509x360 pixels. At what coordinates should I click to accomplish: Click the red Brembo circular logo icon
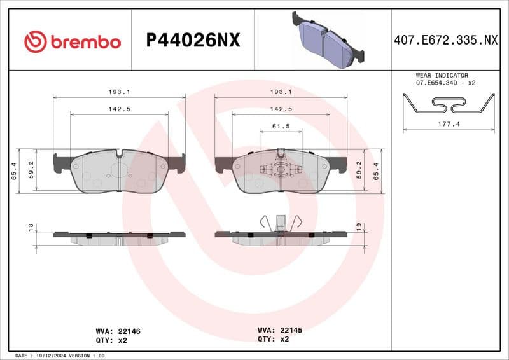(x=36, y=41)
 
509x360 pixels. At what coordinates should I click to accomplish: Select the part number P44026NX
(x=193, y=41)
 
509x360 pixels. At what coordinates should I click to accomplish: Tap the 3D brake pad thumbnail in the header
(x=328, y=39)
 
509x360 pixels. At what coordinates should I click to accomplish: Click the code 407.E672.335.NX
(x=446, y=41)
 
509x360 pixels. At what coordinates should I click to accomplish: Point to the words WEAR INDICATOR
(x=442, y=75)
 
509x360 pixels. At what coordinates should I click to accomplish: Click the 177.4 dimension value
(x=449, y=125)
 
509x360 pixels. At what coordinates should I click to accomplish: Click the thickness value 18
(x=30, y=227)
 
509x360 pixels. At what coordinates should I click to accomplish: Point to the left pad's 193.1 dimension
(x=119, y=92)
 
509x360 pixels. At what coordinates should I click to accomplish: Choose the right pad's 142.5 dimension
(x=281, y=109)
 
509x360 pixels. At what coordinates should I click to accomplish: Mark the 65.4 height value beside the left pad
(x=14, y=172)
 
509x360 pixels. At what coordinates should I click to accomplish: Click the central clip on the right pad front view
(x=281, y=169)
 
